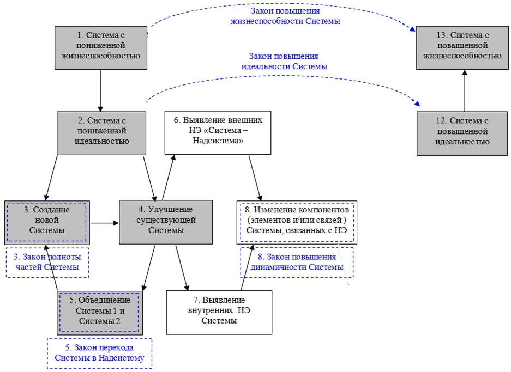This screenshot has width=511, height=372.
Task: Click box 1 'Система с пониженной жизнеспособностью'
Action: pyautogui.click(x=101, y=48)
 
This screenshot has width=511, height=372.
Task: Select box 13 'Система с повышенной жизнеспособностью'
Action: pyautogui.click(x=462, y=48)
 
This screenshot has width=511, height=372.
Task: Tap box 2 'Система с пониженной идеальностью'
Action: pyautogui.click(x=101, y=133)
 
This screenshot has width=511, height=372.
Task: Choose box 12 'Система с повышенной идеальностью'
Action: pyautogui.click(x=462, y=133)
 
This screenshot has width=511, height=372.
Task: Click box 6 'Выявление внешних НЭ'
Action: pyautogui.click(x=218, y=132)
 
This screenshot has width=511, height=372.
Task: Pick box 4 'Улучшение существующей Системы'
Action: pyautogui.click(x=166, y=222)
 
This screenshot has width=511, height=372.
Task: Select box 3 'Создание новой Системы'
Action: pyautogui.click(x=47, y=223)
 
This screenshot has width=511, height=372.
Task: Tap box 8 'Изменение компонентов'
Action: pyautogui.click(x=297, y=222)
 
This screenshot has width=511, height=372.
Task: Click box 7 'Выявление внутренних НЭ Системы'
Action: pyautogui.click(x=219, y=313)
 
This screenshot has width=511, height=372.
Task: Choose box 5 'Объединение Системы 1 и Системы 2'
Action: pyautogui.click(x=100, y=313)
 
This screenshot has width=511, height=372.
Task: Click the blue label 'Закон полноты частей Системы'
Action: pyautogui.click(x=47, y=263)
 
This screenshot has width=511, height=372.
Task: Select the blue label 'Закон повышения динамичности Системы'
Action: pyautogui.click(x=297, y=263)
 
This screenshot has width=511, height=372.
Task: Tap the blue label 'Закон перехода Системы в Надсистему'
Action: pyautogui.click(x=99, y=353)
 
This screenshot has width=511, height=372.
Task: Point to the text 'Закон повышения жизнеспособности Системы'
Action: pyautogui.click(x=285, y=16)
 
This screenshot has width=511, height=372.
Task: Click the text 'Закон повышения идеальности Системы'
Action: pyautogui.click(x=284, y=61)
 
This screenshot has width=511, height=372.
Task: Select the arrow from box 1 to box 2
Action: pyautogui.click(x=100, y=90)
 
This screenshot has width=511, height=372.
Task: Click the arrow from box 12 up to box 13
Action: pyautogui.click(x=465, y=90)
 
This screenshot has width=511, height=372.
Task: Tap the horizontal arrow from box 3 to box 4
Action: pyautogui.click(x=104, y=223)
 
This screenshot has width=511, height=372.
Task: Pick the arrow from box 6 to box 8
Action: pyautogui.click(x=255, y=178)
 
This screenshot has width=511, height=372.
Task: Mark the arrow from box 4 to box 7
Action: pyautogui.click(x=182, y=268)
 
